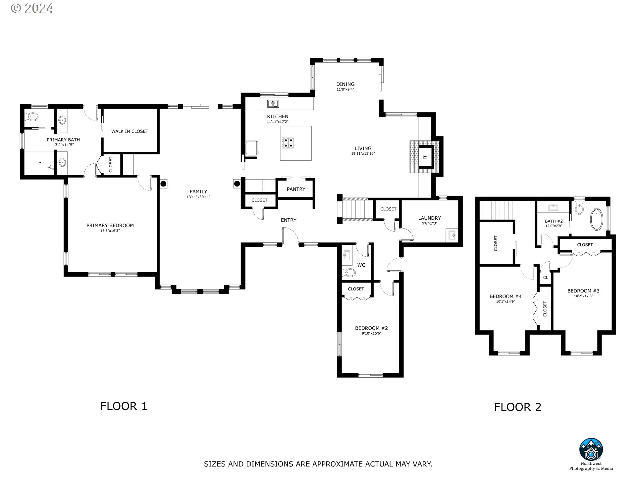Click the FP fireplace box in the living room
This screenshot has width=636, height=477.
(x=425, y=156)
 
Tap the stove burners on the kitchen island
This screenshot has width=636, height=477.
(x=288, y=143)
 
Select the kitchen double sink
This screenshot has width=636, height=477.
(x=273, y=104)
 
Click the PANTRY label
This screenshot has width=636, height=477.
(x=296, y=189)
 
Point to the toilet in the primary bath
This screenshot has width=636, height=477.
(x=32, y=116)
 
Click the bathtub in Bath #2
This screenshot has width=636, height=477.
(x=597, y=219)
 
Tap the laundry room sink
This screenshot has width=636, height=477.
(x=452, y=236)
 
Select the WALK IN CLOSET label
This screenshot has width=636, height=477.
(x=130, y=132)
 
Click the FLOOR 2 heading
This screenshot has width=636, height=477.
(x=518, y=407)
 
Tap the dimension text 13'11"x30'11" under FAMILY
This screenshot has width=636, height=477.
(x=198, y=197)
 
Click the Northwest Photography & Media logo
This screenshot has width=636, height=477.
(x=591, y=450)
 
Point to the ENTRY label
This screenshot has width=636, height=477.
(x=289, y=220)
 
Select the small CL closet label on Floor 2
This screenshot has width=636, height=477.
(x=546, y=278)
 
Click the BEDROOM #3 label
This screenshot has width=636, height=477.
(x=583, y=291)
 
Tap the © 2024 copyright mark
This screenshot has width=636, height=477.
(x=32, y=8)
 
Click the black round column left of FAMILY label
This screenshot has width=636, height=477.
(x=163, y=184)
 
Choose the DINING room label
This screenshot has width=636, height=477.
(x=345, y=84)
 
